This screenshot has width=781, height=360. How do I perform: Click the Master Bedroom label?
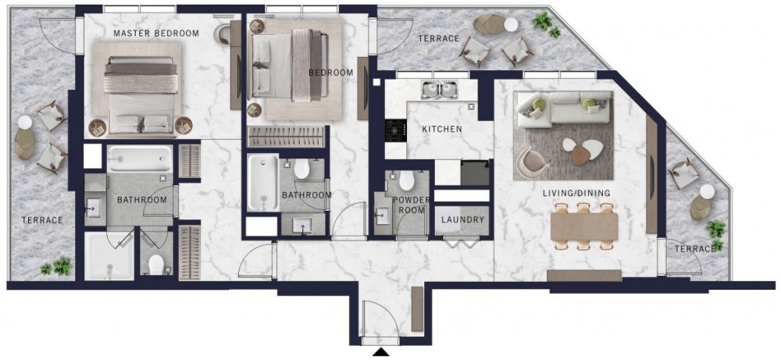156,34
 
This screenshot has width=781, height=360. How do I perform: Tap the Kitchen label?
442,130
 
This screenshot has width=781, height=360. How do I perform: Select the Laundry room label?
462,219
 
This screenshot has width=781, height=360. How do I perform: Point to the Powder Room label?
411,205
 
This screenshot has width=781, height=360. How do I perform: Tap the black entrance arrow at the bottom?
381,352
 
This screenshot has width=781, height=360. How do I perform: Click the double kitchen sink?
440,90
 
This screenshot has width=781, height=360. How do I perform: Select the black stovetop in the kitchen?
396,130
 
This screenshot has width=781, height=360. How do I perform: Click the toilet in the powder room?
406,180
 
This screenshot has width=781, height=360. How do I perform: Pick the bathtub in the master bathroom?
140,159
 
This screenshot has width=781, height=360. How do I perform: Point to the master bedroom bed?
141,94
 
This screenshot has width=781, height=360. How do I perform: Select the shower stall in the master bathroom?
109,255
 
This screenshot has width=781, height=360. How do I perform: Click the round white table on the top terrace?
511,24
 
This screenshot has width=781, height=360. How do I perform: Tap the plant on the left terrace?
57,267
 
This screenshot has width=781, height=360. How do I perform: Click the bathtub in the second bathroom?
263,182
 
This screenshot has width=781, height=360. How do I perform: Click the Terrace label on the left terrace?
42,220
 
